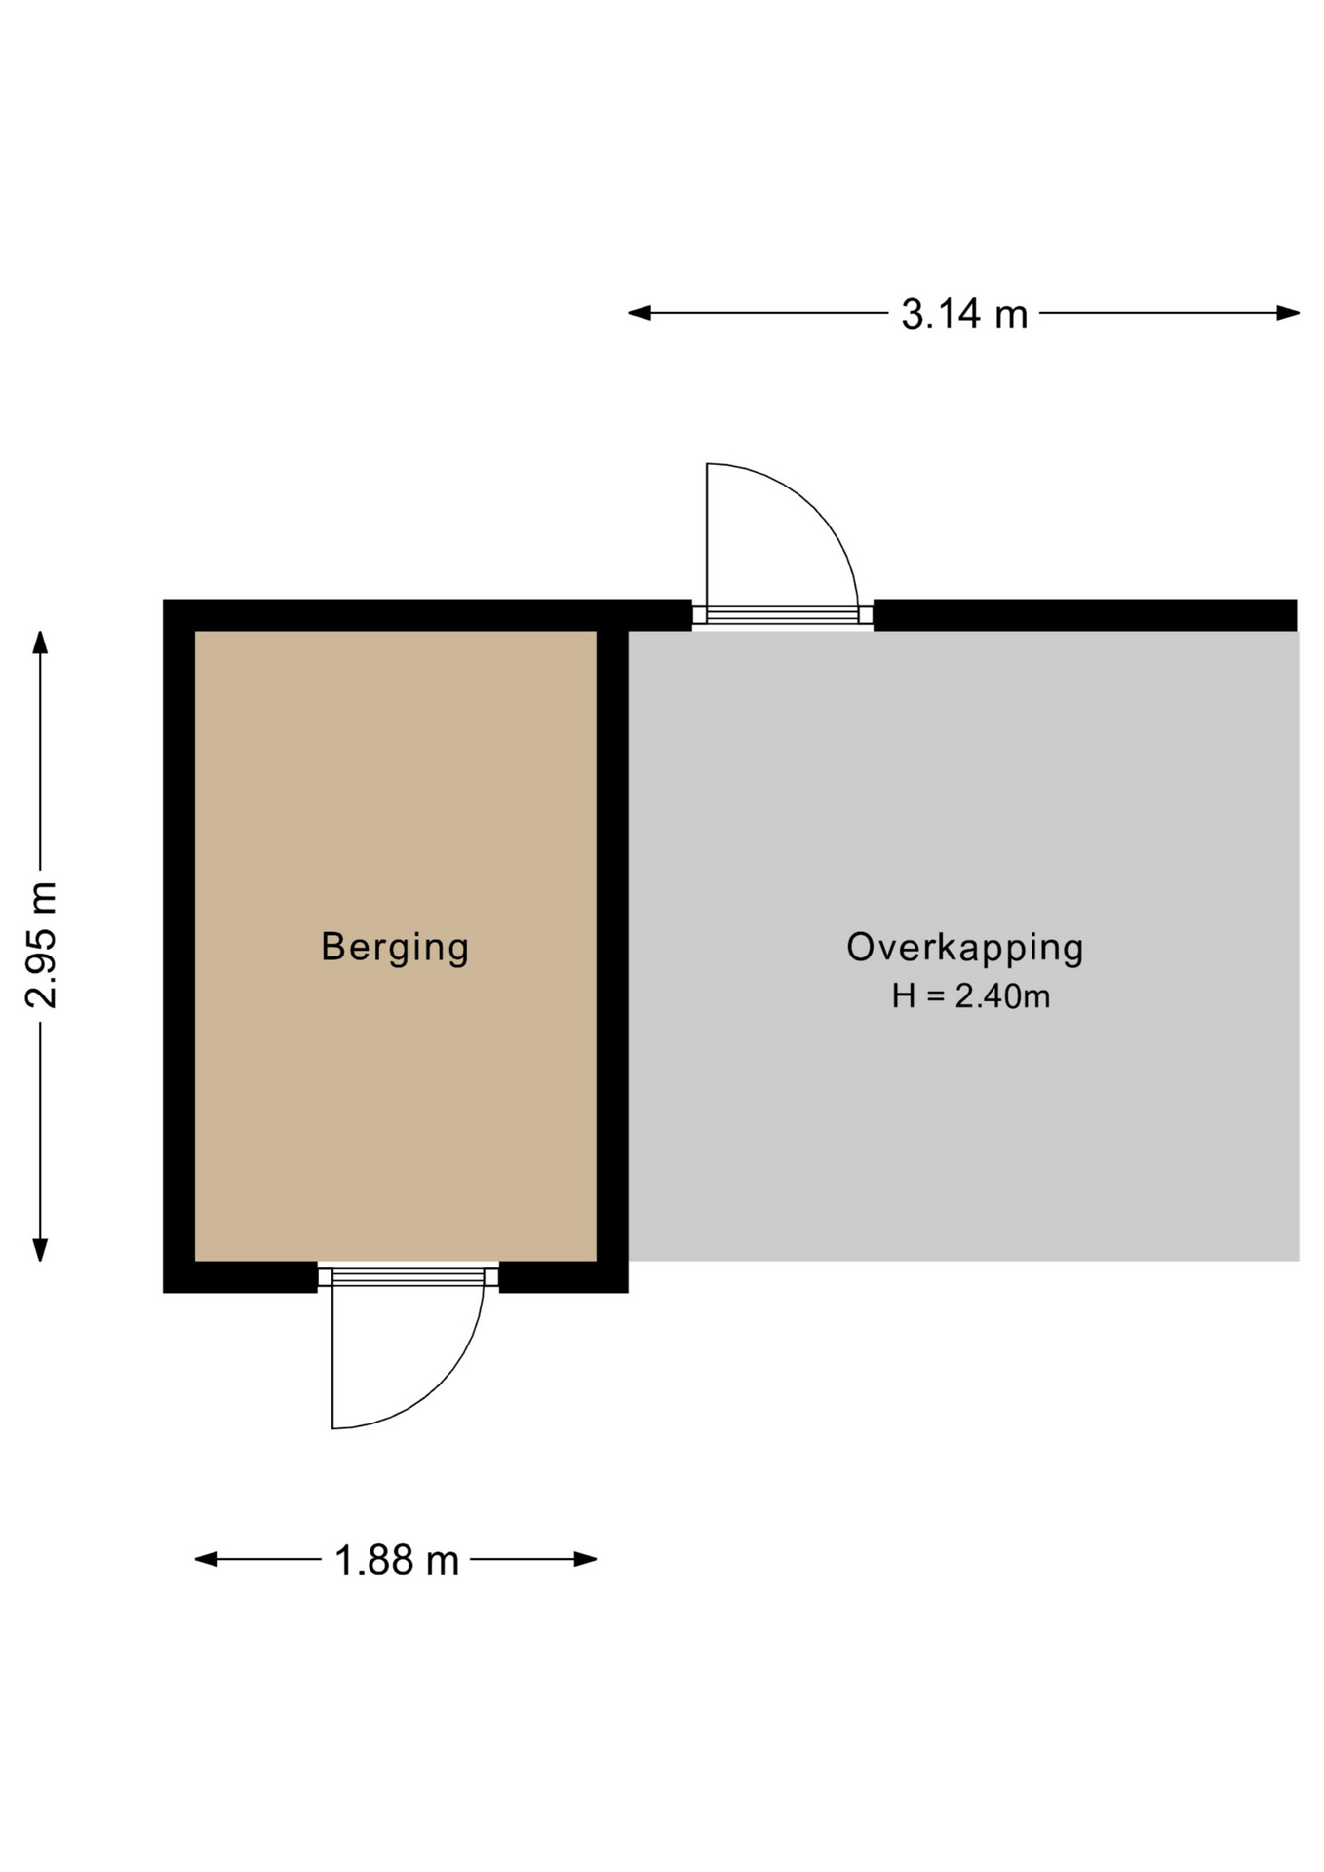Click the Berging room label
coord(395,948)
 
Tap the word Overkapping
coord(964,948)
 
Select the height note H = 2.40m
coord(971,996)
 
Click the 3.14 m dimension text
coord(964,314)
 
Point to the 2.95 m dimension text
coord(42,944)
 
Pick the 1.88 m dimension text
coord(396,1560)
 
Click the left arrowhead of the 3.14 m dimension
coord(640,313)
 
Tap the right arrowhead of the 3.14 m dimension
coord(1288,313)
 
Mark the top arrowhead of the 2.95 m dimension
coord(40,643)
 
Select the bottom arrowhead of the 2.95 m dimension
coord(40,1250)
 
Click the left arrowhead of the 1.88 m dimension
coord(207,1559)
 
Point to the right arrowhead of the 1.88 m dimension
coord(585,1559)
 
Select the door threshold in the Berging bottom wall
coord(409,1277)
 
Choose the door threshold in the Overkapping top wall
coord(783,614)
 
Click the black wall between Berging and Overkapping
coord(612,946)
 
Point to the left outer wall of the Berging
coord(178,946)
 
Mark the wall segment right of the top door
coord(1085,615)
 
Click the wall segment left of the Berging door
coord(241,1277)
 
